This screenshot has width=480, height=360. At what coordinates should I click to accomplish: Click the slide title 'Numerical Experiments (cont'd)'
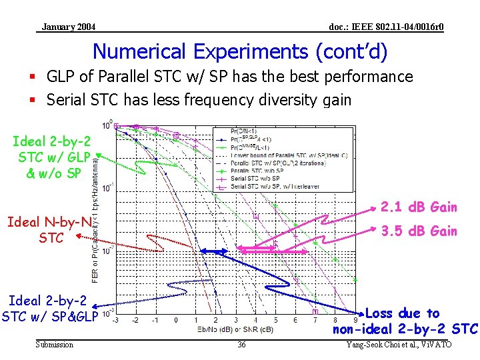click(x=239, y=51)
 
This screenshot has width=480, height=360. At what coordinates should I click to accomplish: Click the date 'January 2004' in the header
click(x=68, y=27)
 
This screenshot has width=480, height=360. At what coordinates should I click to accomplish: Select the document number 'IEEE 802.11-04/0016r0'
click(x=387, y=27)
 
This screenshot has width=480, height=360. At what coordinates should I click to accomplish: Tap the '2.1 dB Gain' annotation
click(x=419, y=207)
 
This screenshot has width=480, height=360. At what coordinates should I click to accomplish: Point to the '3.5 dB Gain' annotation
click(x=419, y=231)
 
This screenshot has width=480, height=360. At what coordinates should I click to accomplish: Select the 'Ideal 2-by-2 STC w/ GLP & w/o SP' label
click(x=50, y=157)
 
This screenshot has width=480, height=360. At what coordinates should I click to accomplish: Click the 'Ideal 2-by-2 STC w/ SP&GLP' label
click(x=50, y=309)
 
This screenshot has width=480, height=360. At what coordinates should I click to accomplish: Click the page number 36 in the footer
click(x=241, y=345)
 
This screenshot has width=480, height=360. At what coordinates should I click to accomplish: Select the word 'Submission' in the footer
click(x=54, y=345)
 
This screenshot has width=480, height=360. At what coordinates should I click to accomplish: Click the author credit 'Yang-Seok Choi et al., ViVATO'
click(x=399, y=345)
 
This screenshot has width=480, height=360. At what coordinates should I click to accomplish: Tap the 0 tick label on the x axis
click(x=176, y=320)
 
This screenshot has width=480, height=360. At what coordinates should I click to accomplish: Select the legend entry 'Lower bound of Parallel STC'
click(x=280, y=155)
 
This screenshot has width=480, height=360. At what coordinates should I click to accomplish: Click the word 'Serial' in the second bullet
click(x=65, y=100)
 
